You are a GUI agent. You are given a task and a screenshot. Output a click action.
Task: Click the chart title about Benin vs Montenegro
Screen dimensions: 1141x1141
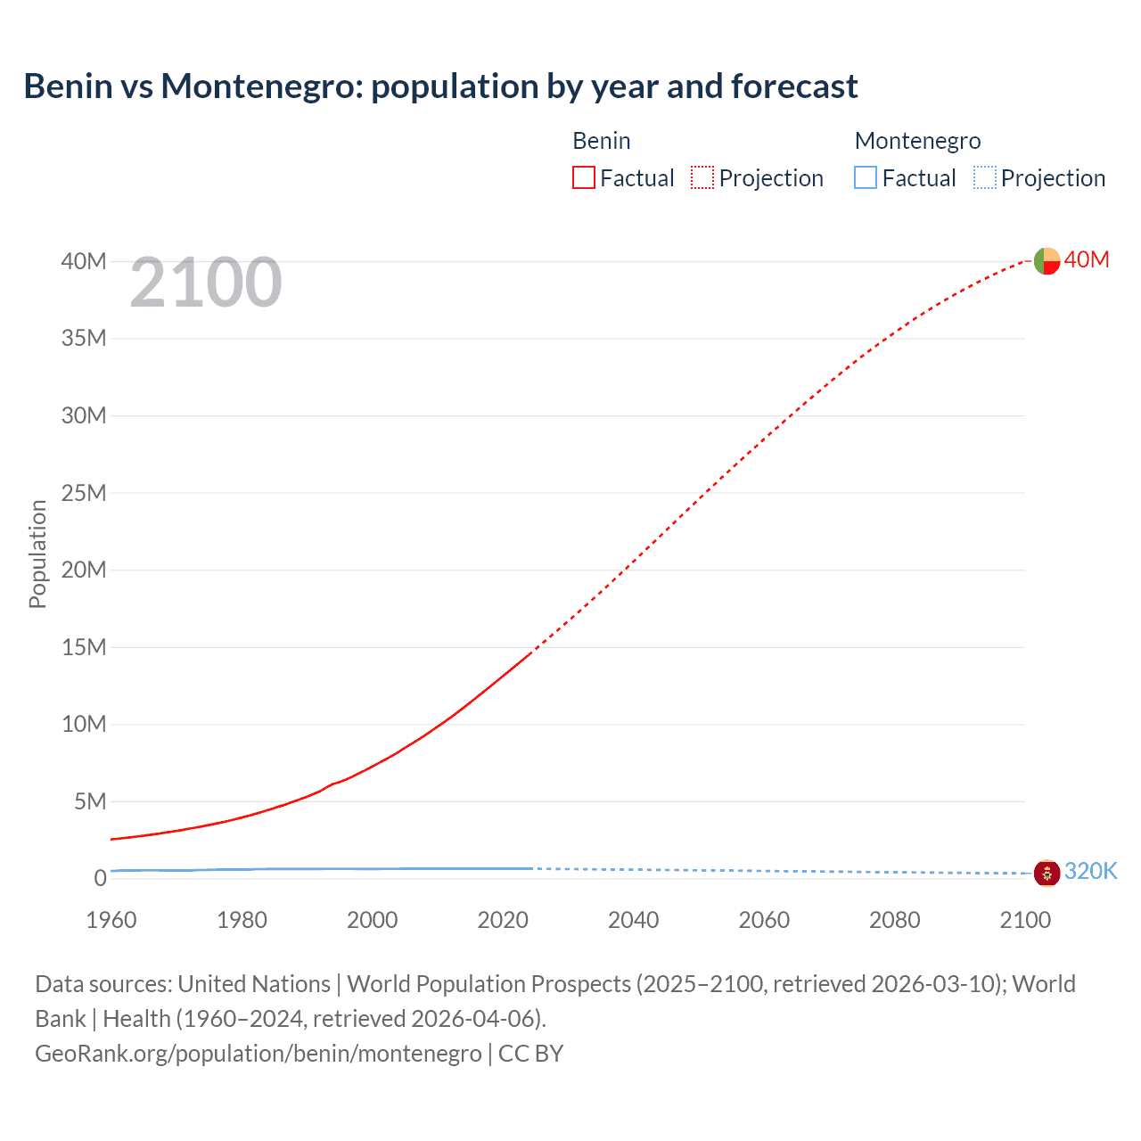click(x=440, y=86)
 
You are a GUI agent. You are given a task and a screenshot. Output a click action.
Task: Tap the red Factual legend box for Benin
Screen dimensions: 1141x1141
click(x=583, y=177)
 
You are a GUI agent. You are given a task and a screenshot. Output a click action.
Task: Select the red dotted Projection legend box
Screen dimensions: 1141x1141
click(x=702, y=177)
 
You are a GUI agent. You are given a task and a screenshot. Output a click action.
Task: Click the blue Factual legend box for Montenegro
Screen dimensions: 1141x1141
click(x=866, y=177)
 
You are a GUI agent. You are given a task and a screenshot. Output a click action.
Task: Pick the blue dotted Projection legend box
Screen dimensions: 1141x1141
click(x=985, y=177)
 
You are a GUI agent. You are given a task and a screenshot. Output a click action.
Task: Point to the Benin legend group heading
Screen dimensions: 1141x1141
click(x=601, y=141)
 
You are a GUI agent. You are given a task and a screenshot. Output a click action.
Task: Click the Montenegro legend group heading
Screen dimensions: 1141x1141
click(x=917, y=141)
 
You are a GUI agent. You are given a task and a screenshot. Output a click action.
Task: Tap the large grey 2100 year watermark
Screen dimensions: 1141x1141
click(x=206, y=283)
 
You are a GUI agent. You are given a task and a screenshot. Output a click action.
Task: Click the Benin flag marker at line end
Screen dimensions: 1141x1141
click(x=1047, y=260)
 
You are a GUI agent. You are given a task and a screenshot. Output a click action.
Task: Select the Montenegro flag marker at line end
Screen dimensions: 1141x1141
click(x=1047, y=873)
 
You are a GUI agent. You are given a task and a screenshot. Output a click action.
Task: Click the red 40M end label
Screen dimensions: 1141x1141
click(x=1087, y=259)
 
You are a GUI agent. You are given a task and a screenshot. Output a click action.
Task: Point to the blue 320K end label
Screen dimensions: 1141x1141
click(x=1091, y=871)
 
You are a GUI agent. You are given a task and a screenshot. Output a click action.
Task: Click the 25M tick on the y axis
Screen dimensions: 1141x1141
click(x=84, y=493)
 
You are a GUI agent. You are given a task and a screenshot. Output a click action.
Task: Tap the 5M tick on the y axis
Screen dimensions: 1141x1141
click(x=89, y=801)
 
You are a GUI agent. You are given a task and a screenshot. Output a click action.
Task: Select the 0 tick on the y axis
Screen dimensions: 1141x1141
click(x=100, y=878)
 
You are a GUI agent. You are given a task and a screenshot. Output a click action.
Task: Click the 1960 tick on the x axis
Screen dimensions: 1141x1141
click(x=111, y=920)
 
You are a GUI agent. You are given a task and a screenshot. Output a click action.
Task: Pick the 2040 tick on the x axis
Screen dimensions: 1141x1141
click(x=634, y=920)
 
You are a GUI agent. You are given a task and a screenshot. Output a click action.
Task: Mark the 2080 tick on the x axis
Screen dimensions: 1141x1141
click(x=895, y=920)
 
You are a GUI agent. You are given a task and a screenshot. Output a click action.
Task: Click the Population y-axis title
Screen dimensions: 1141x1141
click(x=37, y=554)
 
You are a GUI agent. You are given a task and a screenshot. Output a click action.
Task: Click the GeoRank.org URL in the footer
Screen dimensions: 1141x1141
click(x=259, y=1054)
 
